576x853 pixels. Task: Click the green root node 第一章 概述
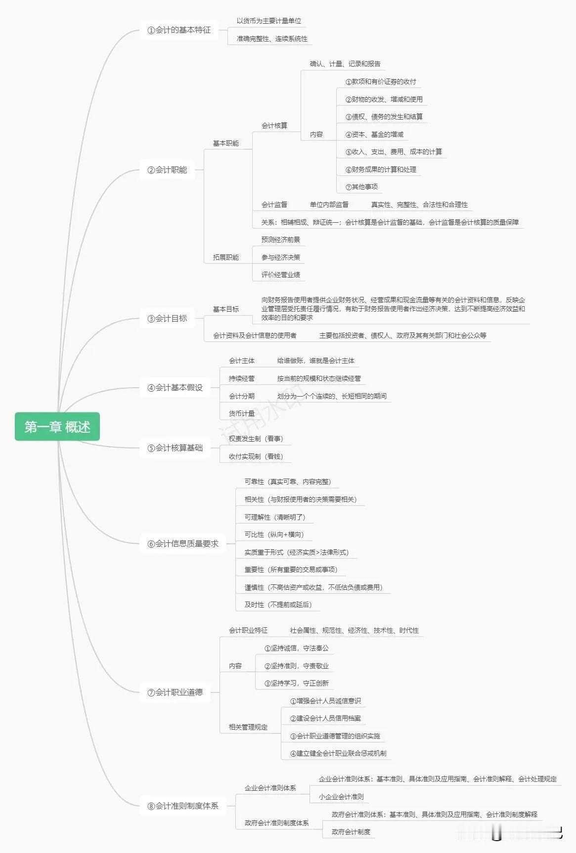pyautogui.click(x=57, y=427)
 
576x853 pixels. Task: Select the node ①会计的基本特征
pyautogui.click(x=179, y=30)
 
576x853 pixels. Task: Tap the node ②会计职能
pyautogui.click(x=167, y=170)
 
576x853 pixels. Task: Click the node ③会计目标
pyautogui.click(x=167, y=319)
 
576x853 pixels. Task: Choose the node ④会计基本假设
pyautogui.click(x=175, y=388)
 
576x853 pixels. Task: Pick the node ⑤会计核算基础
pyautogui.click(x=175, y=448)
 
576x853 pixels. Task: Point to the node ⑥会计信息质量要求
pyautogui.click(x=183, y=544)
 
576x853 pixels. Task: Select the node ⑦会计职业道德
pyautogui.click(x=175, y=692)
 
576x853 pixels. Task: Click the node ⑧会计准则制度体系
pyautogui.click(x=183, y=806)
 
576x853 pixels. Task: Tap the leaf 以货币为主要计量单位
pyautogui.click(x=268, y=21)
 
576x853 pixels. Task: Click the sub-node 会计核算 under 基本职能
pyautogui.click(x=274, y=125)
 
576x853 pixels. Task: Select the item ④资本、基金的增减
pyautogui.click(x=374, y=134)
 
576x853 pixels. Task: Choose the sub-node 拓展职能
pyautogui.click(x=226, y=257)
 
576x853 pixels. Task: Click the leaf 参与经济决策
pyautogui.click(x=281, y=257)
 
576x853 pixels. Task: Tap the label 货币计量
pyautogui.click(x=242, y=413)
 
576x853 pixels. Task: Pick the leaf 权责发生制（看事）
pyautogui.click(x=256, y=439)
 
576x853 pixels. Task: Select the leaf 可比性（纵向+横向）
pyautogui.click(x=274, y=534)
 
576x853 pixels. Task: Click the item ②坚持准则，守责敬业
pyautogui.click(x=297, y=666)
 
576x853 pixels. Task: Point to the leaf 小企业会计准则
pyautogui.click(x=341, y=797)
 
